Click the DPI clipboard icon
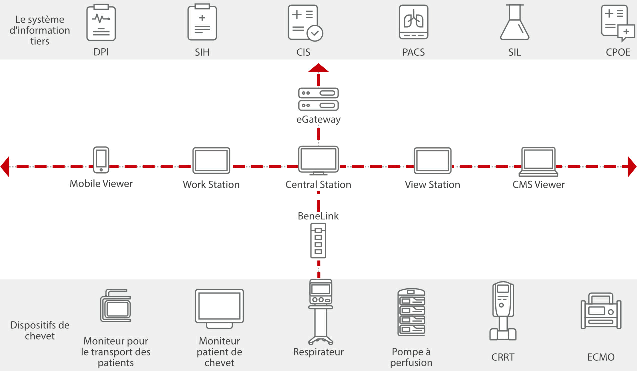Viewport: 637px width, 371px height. click(101, 23)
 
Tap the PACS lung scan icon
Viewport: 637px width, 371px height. click(413, 23)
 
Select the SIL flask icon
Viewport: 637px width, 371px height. click(514, 23)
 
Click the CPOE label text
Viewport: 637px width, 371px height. click(618, 52)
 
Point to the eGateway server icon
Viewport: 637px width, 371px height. click(318, 99)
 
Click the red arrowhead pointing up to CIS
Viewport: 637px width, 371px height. click(318, 69)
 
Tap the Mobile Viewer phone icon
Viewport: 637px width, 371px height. click(101, 160)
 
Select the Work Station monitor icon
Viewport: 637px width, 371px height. click(211, 160)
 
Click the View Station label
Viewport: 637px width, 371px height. click(432, 185)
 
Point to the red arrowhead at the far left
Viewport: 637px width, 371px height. click(5, 166)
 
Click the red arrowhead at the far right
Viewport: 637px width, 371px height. click(632, 166)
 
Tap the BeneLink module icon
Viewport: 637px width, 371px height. click(318, 240)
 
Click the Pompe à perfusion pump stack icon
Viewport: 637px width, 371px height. click(411, 312)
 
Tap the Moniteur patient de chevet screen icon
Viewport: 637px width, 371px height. click(219, 308)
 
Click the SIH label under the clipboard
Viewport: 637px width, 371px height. click(202, 52)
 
